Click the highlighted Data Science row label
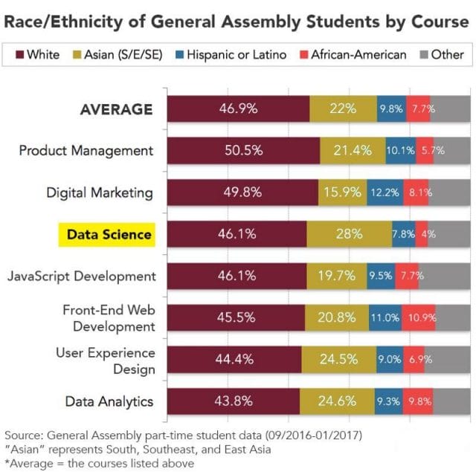[x=109, y=235]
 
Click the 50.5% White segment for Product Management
[x=243, y=150]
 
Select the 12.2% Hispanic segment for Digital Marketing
[x=385, y=193]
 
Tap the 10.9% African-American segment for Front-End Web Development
[x=418, y=317]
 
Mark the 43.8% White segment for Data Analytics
[x=234, y=401]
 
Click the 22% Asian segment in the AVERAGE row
[x=343, y=109]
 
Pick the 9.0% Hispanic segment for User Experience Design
[x=390, y=360]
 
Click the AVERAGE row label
[x=116, y=109]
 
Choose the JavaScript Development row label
[x=82, y=276]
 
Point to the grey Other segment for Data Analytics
[x=451, y=401]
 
